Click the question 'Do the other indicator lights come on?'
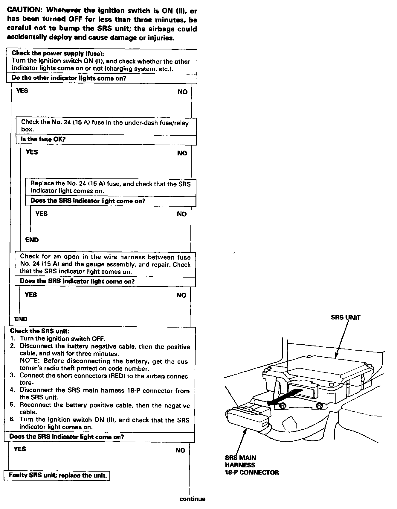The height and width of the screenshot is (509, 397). (x=69, y=78)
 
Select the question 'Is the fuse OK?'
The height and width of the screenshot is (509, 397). (x=43, y=140)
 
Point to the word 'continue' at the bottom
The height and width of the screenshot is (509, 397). (x=192, y=499)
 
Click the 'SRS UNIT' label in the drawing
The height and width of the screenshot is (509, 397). (x=345, y=317)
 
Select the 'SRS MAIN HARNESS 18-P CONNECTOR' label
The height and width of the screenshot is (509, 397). (x=251, y=465)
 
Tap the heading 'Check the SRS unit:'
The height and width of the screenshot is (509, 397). (x=39, y=331)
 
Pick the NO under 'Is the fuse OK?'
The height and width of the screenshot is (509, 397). (x=182, y=153)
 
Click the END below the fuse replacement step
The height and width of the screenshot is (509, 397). (x=32, y=240)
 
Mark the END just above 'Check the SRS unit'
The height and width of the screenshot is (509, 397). (x=21, y=319)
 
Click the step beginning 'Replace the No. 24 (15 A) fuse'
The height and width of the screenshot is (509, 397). (x=111, y=187)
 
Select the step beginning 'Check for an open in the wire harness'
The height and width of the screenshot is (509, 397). (x=105, y=264)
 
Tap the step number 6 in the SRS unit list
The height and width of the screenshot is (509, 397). (x=12, y=419)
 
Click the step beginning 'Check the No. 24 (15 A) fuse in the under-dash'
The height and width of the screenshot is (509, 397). (x=105, y=126)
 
